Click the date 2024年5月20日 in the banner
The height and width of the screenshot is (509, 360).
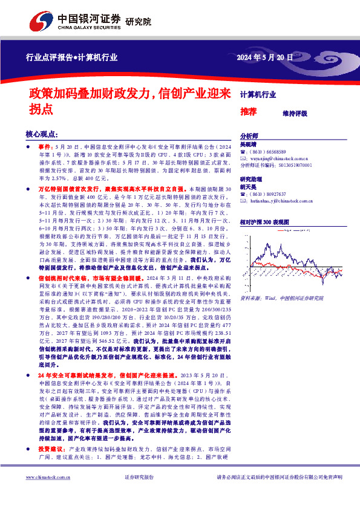pyautogui.click(x=264, y=58)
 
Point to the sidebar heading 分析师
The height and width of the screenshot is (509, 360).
pyautogui.click(x=249, y=137)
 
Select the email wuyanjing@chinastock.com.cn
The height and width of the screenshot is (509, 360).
pyautogui.click(x=277, y=158)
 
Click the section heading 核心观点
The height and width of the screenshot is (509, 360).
pyautogui.click(x=41, y=134)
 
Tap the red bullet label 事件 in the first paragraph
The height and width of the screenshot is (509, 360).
pyautogui.click(x=45, y=147)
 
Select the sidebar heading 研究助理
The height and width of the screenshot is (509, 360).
pyautogui.click(x=250, y=180)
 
